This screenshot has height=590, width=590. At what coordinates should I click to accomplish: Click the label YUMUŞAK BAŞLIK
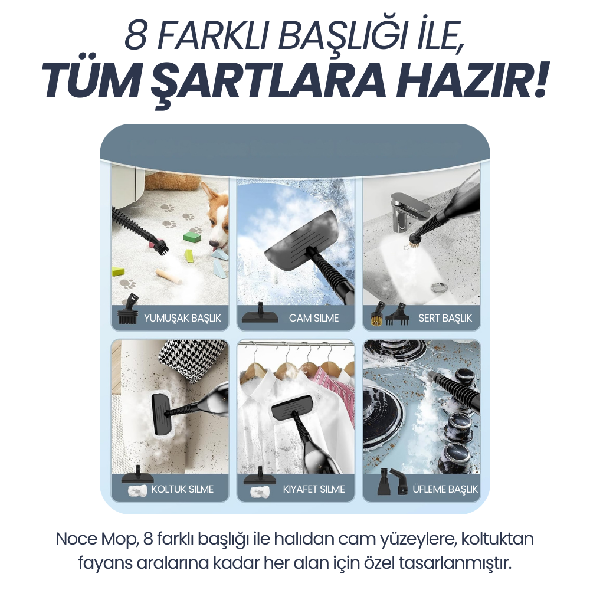point(182,318)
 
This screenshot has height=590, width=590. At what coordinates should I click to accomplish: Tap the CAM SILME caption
point(314,318)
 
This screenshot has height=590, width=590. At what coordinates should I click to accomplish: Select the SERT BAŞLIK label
point(445,318)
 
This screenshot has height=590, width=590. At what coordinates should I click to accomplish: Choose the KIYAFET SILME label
point(314,489)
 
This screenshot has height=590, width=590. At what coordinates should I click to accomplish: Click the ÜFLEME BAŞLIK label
point(445,489)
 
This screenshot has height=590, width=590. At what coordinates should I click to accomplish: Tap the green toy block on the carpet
point(192,237)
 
